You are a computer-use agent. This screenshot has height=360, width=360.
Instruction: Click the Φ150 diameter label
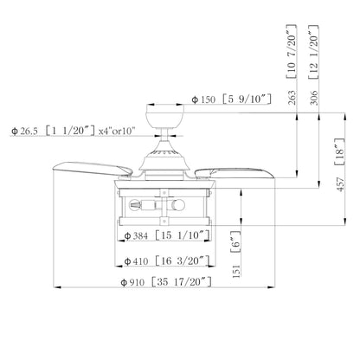(203, 100)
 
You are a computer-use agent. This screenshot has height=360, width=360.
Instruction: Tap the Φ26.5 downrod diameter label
(24, 131)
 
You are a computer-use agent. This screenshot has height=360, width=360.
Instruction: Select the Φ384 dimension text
(136, 236)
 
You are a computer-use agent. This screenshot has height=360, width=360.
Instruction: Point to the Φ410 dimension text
(136, 261)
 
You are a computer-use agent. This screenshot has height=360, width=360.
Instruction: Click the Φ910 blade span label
(132, 282)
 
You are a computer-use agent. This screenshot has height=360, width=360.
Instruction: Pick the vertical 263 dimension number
(292, 98)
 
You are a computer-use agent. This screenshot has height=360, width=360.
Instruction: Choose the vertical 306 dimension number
(314, 98)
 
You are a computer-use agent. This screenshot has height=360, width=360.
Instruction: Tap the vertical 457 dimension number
(341, 184)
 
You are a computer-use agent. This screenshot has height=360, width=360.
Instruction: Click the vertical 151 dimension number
(236, 271)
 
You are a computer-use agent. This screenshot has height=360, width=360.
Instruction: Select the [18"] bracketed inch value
(340, 151)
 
